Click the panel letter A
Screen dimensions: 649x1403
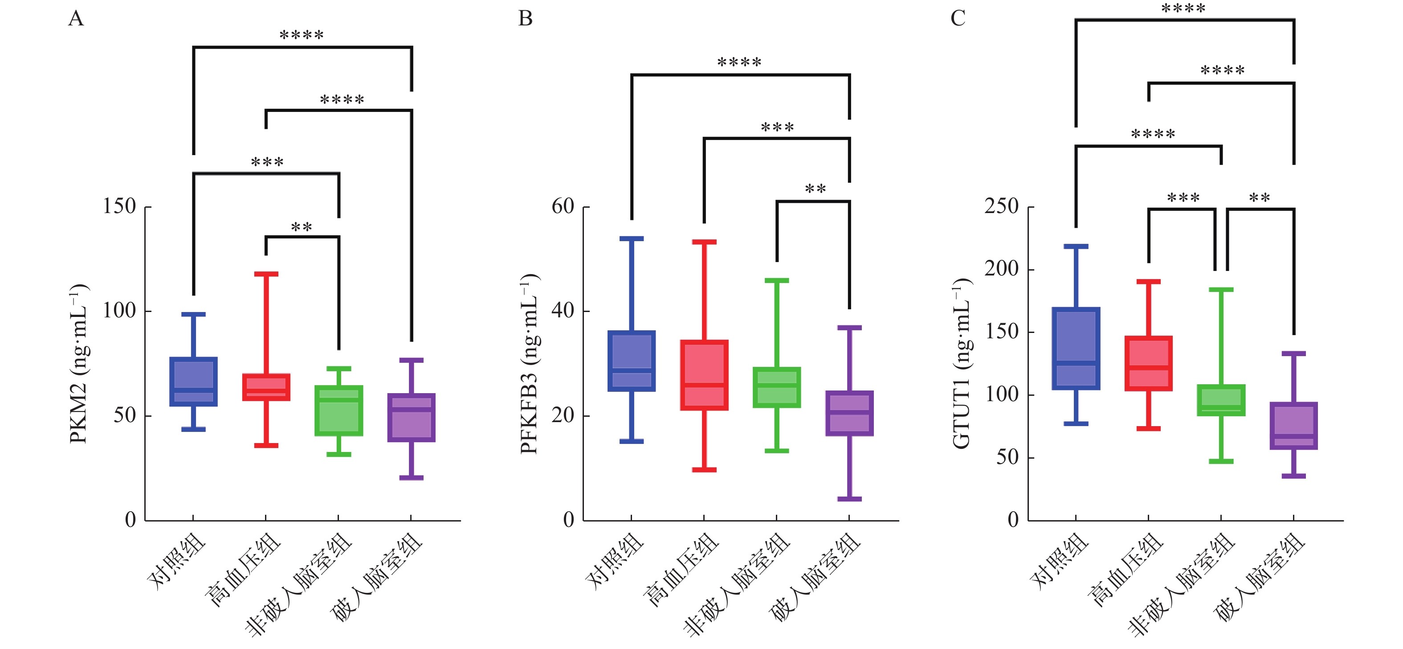point(76,19)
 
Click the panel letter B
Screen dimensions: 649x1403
point(525,19)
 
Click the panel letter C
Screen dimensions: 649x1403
point(958,19)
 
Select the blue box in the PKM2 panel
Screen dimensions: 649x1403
point(193,382)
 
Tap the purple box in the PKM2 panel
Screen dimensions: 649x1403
point(411,417)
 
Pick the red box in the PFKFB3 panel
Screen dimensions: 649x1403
point(704,375)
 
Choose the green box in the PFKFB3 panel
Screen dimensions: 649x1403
point(777,387)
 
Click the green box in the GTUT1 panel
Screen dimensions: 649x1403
point(1221,401)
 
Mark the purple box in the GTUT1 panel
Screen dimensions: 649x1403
point(1293,426)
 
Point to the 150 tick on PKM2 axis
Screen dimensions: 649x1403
point(119,206)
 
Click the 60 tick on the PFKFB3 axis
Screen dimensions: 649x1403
point(563,206)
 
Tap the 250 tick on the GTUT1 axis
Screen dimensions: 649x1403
point(1001,206)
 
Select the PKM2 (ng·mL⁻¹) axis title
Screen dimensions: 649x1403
point(79,363)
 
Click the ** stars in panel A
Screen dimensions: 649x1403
point(302,227)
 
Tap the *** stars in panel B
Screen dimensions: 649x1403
point(777,128)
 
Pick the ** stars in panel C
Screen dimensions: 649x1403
point(1259,198)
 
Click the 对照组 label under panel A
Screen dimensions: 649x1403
point(177,561)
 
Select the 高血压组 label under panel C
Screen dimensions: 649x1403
point(1125,570)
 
